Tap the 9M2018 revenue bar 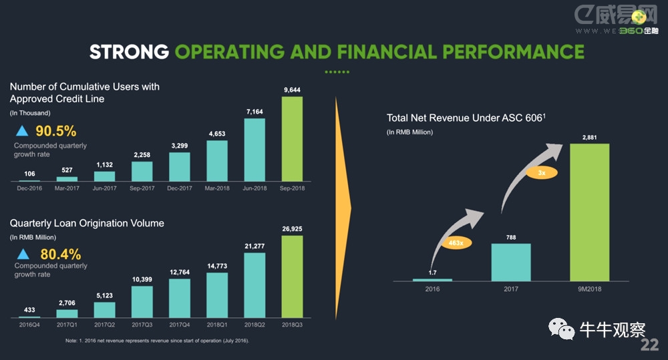[x=589, y=212]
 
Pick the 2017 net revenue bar [x=511, y=262]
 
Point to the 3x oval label [x=542, y=172]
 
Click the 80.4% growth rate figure [x=60, y=254]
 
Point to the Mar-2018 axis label [x=216, y=189]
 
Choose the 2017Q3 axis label [x=142, y=326]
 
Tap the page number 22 [x=649, y=345]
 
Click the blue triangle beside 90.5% [x=22, y=131]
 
